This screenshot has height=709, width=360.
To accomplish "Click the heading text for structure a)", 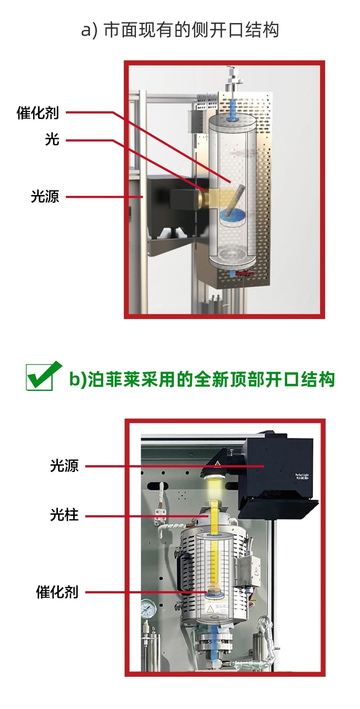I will click(180, 30).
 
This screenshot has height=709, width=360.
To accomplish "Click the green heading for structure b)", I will click(202, 379).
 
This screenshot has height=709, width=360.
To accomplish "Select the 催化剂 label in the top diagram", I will click(38, 113).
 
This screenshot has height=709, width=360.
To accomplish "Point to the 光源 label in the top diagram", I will click(45, 196).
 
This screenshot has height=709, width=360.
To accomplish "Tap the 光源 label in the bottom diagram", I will click(64, 466).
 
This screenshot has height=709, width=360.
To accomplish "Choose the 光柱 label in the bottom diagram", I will click(64, 515).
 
